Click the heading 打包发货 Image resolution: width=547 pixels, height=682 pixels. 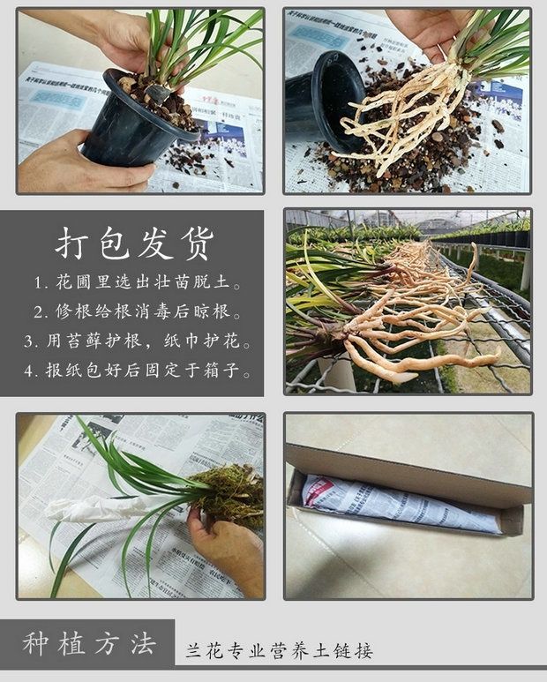pos(134,244)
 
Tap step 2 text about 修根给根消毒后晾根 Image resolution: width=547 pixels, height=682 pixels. pos(141,311)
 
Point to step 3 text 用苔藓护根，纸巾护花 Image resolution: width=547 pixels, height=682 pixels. pos(141,341)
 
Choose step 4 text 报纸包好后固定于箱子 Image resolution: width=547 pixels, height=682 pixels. pos(141,370)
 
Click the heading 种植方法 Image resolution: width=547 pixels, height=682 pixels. pos(88,643)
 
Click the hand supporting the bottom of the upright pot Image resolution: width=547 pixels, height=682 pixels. pos(79,168)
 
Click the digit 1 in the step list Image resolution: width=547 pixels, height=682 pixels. pos(39,284)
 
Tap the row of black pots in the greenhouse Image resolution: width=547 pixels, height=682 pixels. pos(494,236)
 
